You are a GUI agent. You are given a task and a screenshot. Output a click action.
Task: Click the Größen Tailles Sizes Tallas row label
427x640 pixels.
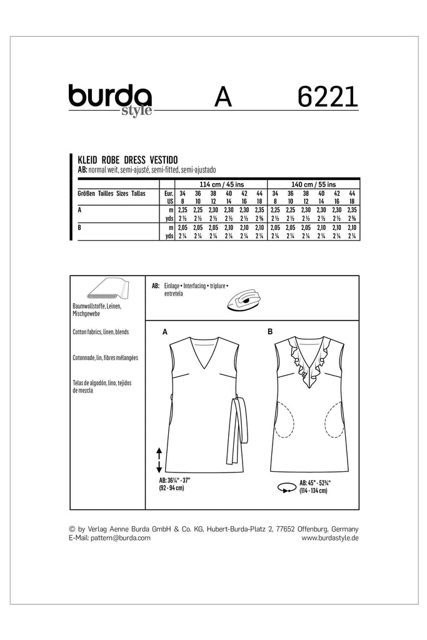[111, 194]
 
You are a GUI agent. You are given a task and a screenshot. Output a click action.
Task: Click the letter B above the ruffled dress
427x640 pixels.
[270, 332]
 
